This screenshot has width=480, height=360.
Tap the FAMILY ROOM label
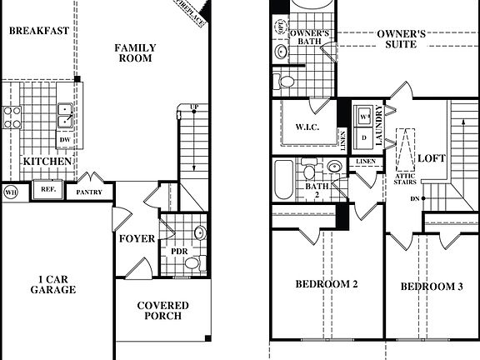[x=134, y=53]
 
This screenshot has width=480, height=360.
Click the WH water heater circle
[x=12, y=192]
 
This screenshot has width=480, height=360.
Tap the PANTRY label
[x=89, y=192]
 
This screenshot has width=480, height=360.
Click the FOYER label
[x=136, y=238]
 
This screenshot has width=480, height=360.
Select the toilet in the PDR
[x=192, y=263]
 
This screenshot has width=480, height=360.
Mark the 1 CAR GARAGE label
[x=57, y=284]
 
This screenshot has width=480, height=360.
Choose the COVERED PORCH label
[x=162, y=312]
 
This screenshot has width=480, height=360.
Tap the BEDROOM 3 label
[x=432, y=287]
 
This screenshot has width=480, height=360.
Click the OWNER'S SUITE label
[x=402, y=39]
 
